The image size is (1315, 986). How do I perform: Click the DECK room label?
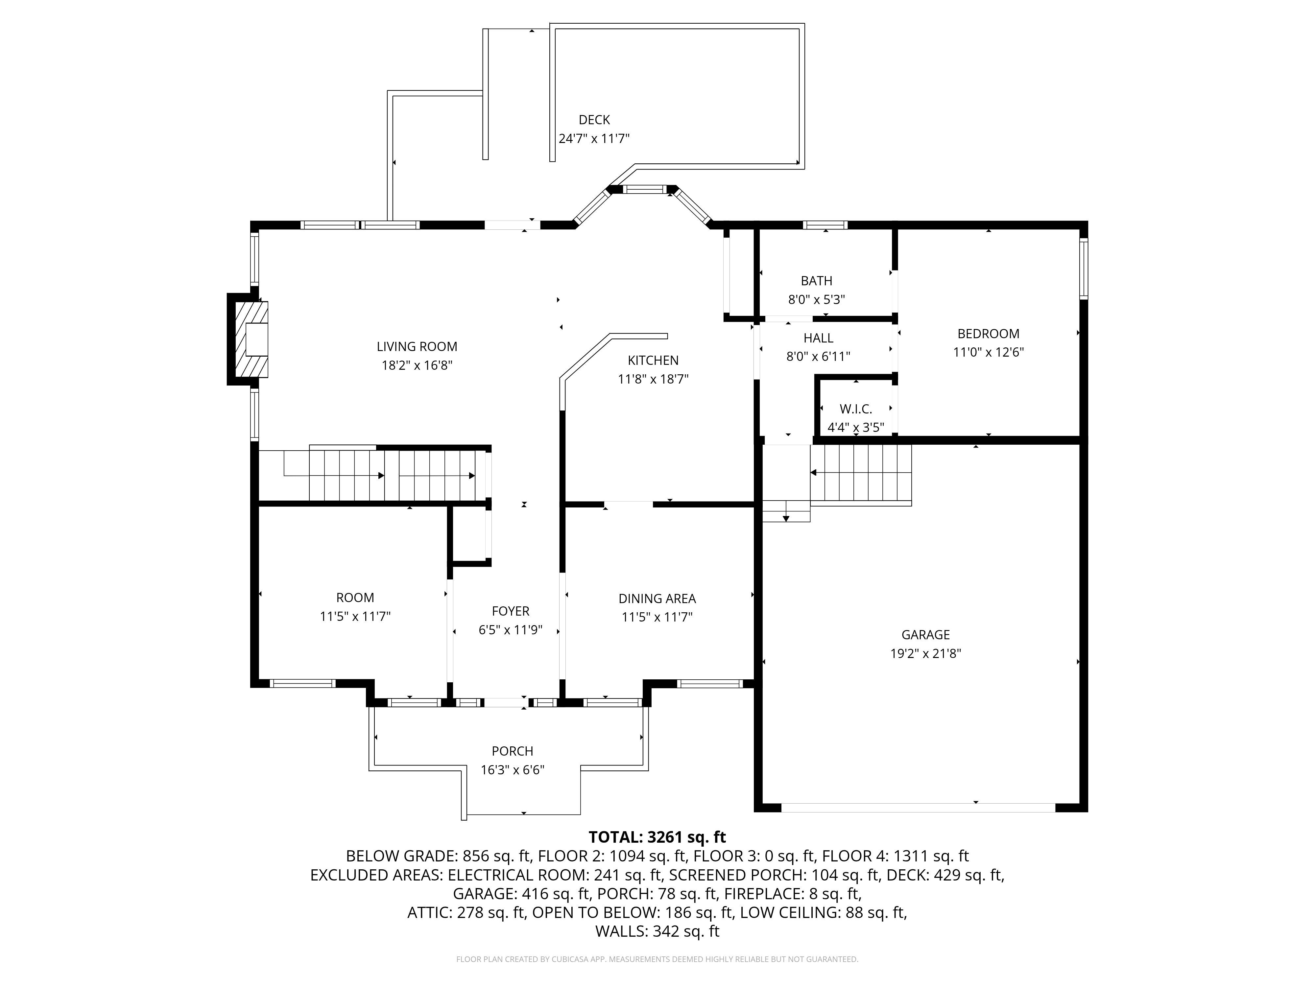point(594,120)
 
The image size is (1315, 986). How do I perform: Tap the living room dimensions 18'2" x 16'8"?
point(417,365)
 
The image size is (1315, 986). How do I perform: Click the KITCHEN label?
point(653,360)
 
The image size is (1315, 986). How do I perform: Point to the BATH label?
point(816,281)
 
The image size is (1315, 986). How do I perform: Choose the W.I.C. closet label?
point(855,409)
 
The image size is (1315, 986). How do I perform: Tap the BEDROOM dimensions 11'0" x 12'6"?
point(988,352)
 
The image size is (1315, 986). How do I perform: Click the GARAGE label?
point(925,635)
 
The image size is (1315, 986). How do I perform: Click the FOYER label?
point(510,611)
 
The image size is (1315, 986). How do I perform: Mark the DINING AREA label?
point(657,599)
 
